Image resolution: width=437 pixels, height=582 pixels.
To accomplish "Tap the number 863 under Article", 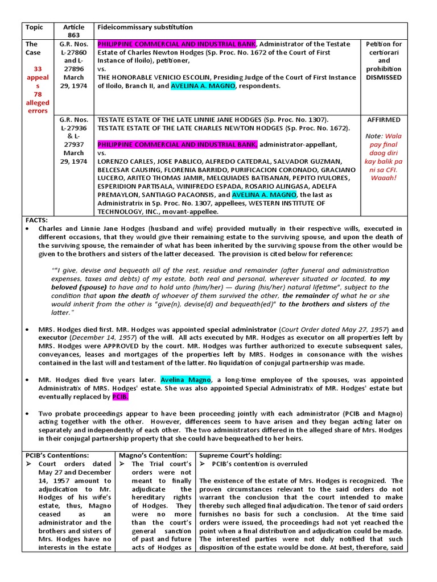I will (74, 35).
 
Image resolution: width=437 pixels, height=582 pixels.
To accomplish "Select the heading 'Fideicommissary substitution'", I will (145, 27).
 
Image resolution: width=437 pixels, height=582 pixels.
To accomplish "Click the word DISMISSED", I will (384, 77).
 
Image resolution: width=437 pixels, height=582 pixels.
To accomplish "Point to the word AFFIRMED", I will (384, 120).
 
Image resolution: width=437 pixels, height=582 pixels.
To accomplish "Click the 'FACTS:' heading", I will (37, 220).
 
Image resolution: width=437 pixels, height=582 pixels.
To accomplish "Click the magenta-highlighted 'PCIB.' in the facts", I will (121, 396).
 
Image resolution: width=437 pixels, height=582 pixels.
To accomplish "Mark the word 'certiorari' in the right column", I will (384, 52).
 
